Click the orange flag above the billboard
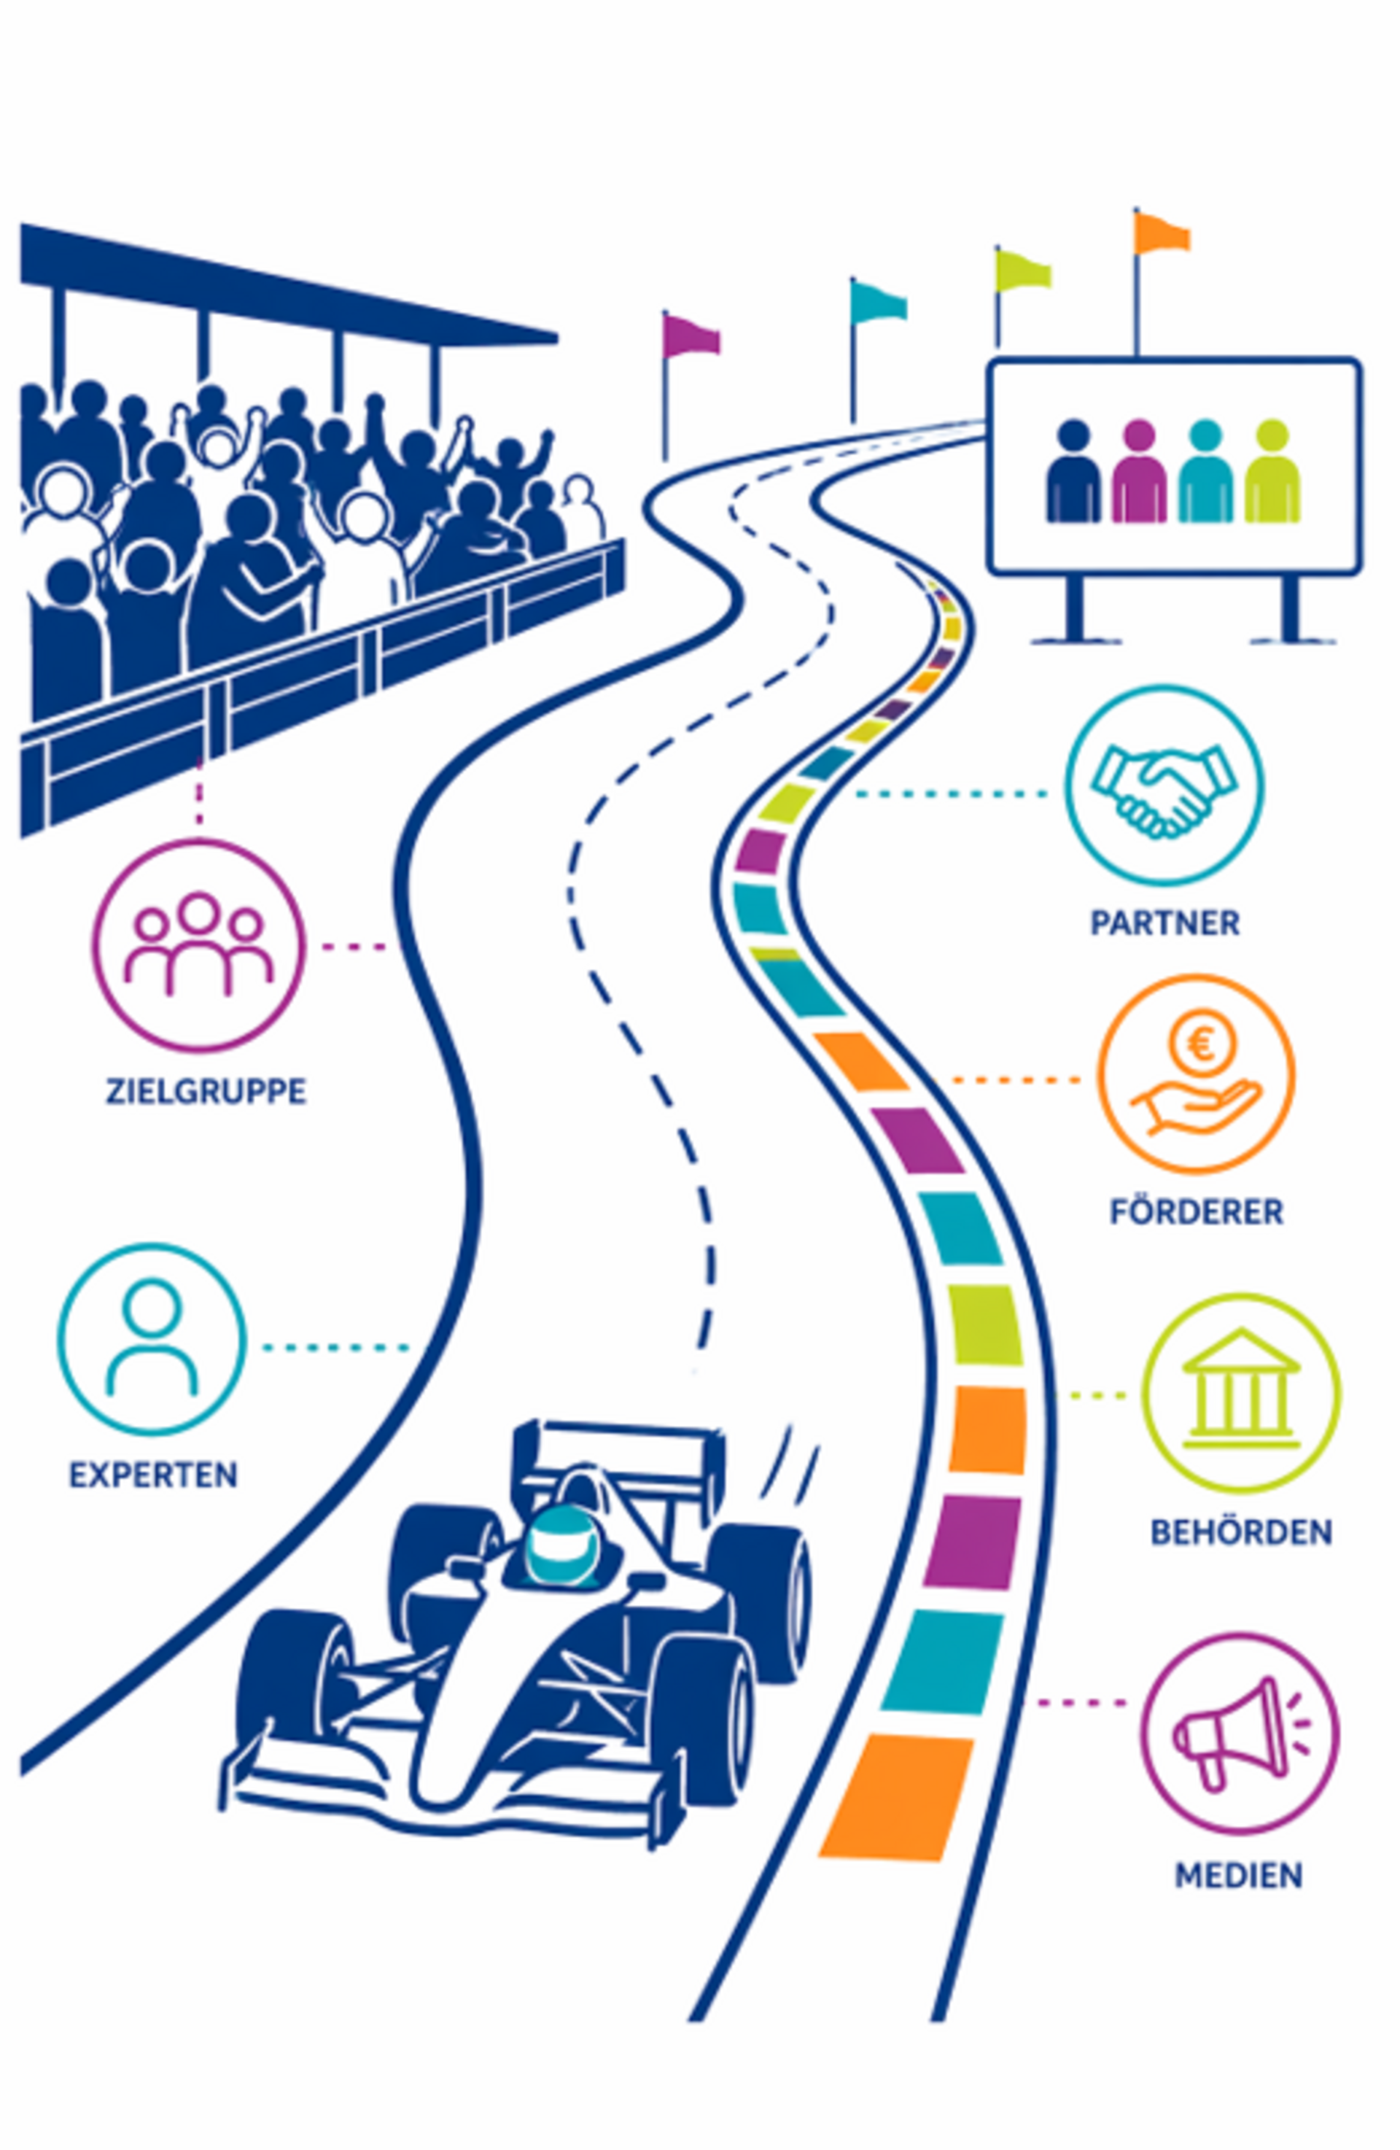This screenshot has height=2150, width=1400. tap(1162, 233)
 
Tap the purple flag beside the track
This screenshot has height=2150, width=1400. tap(691, 335)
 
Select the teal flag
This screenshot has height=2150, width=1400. tap(878, 302)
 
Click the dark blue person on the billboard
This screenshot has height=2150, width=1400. tap(1073, 470)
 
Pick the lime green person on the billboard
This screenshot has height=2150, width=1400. tap(1272, 470)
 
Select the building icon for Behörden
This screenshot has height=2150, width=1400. tap(1241, 1389)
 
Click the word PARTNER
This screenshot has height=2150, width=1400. tap(1165, 923)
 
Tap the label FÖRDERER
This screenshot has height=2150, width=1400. tap(1196, 1211)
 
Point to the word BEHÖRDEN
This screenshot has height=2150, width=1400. tap(1241, 1533)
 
